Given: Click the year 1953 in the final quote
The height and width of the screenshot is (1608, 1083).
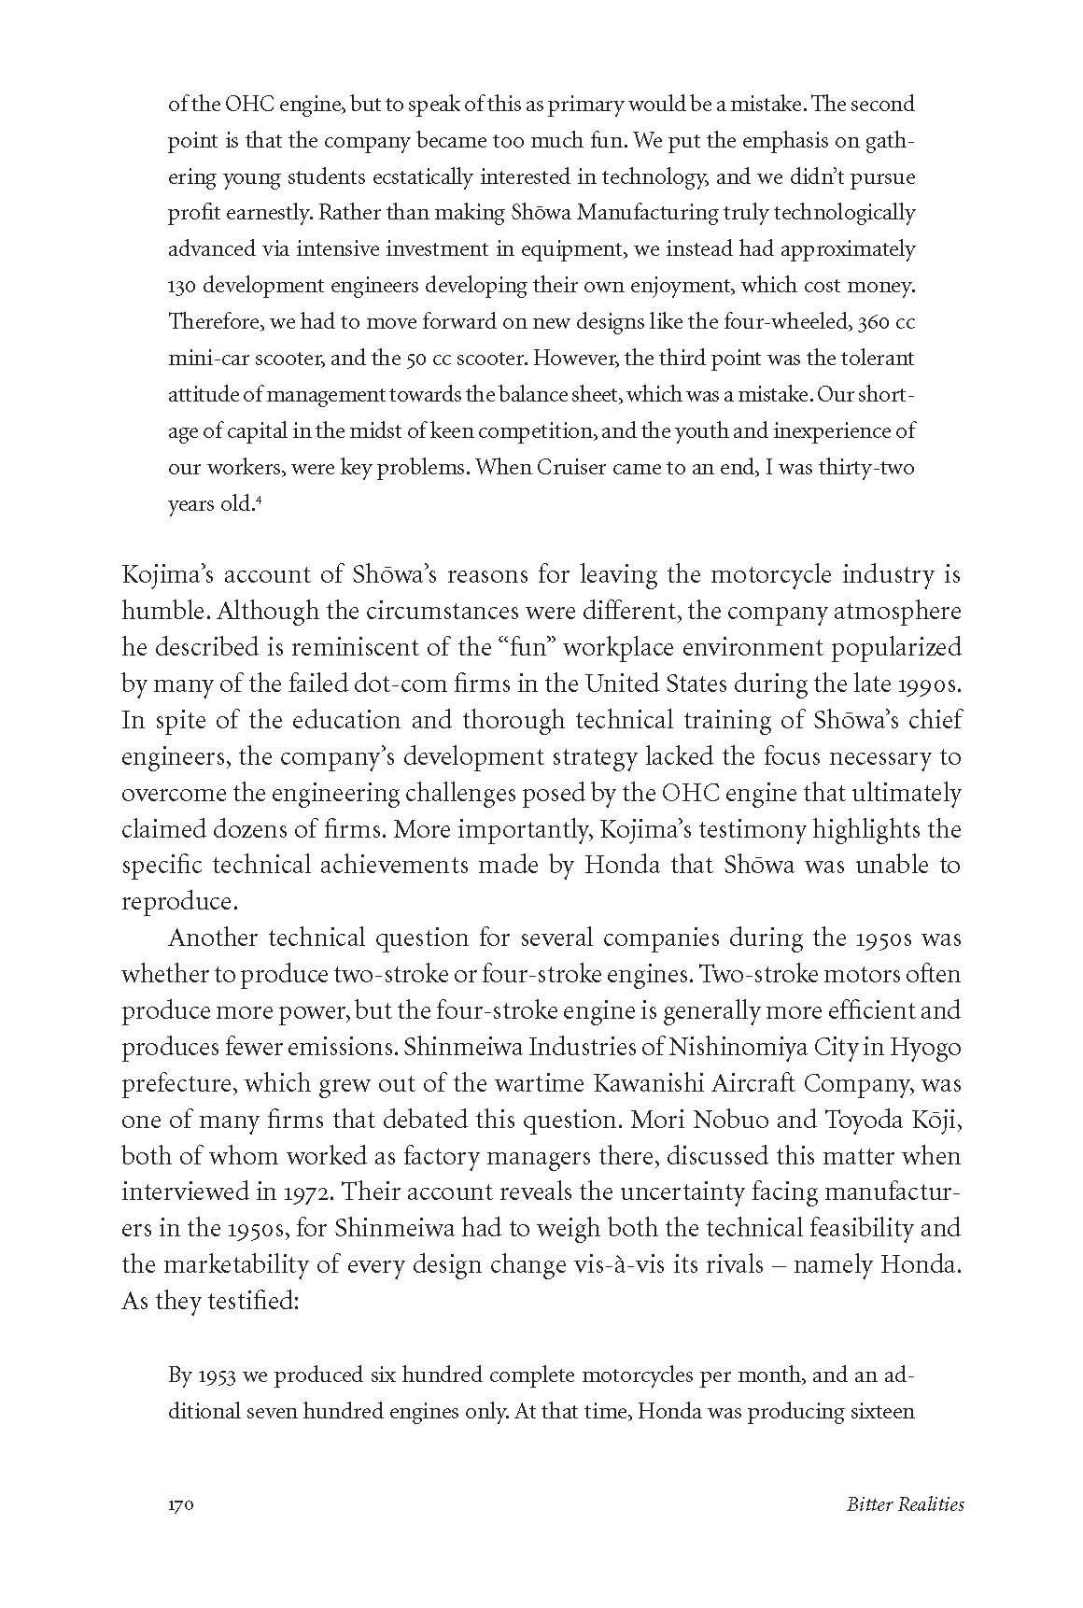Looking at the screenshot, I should (217, 1375).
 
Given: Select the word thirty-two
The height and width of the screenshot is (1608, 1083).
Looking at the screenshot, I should (865, 468).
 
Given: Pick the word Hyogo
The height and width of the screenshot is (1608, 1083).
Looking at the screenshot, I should (925, 1047).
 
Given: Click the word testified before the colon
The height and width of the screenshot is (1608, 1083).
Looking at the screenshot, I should (246, 1302).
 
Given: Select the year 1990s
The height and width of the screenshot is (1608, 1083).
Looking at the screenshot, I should (924, 684).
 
